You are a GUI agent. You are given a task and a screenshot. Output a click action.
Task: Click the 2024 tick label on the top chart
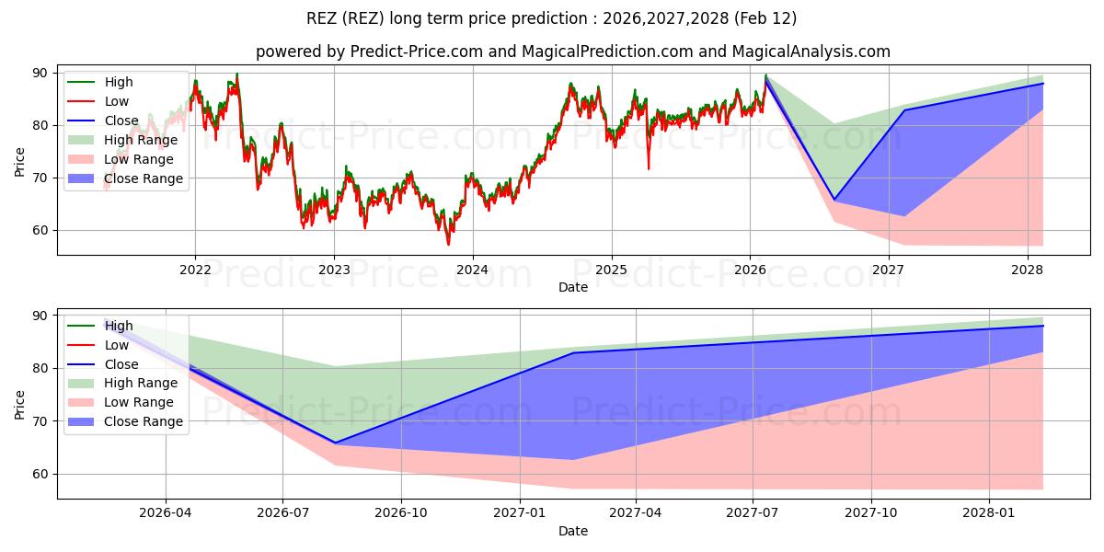coord(473,270)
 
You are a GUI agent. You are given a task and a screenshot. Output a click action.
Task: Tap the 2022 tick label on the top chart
coord(195,270)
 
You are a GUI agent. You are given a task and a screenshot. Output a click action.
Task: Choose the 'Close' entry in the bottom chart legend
coord(122,364)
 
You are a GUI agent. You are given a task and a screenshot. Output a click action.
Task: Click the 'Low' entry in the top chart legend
coord(117,101)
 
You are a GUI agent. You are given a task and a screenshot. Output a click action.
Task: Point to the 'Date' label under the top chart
coord(573,287)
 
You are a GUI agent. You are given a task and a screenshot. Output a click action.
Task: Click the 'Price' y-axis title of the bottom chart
coord(20,404)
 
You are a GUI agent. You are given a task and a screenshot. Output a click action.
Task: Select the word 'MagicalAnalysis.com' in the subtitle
coord(811,52)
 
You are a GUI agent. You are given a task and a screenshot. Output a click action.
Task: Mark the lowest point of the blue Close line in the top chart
coord(834,200)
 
